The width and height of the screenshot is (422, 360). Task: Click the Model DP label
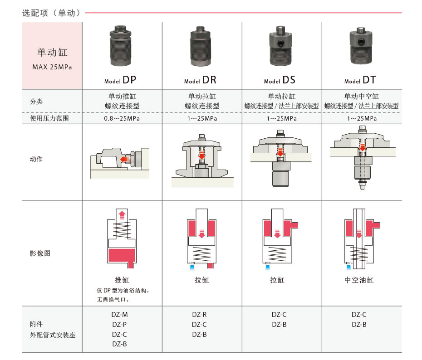pyautogui.click(x=120, y=80)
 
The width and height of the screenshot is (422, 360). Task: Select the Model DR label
pyautogui.click(x=200, y=80)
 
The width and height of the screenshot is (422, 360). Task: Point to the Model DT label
pyautogui.click(x=360, y=80)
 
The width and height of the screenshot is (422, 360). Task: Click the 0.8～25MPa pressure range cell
pyautogui.click(x=122, y=119)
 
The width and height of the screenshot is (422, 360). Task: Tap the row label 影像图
pyautogui.click(x=40, y=253)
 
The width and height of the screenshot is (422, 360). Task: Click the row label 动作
pyautogui.click(x=36, y=159)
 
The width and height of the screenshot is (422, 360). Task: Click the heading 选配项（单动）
pyautogui.click(x=52, y=13)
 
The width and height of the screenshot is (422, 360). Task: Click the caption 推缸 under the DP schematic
pyautogui.click(x=122, y=280)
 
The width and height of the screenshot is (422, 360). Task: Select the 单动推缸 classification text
pyautogui.click(x=122, y=96)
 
